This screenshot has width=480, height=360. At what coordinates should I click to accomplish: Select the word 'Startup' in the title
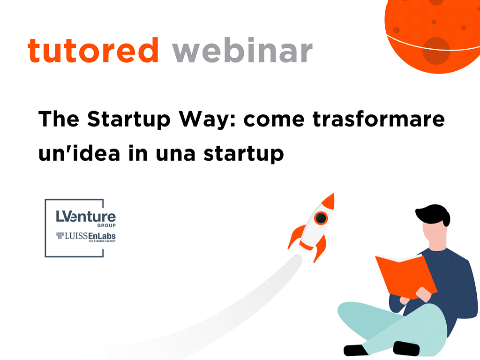pos(129,120)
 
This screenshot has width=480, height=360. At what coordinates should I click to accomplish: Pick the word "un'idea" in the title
pos(79,153)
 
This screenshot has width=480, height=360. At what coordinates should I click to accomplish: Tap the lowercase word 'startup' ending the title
pos(244,154)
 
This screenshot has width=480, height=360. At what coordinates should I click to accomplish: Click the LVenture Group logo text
pos(86,218)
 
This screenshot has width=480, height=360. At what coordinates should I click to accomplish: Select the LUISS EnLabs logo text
pos(86,237)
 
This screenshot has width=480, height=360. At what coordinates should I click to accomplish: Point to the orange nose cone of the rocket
pos(329,202)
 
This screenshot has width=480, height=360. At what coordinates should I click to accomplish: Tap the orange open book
pos(406,277)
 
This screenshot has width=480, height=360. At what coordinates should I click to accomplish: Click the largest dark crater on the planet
pos(436,51)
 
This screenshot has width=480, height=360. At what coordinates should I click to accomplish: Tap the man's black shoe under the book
pos(406,348)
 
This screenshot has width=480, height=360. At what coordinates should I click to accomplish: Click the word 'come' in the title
pos(274,120)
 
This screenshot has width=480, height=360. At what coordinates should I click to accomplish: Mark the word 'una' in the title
pos(175,154)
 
